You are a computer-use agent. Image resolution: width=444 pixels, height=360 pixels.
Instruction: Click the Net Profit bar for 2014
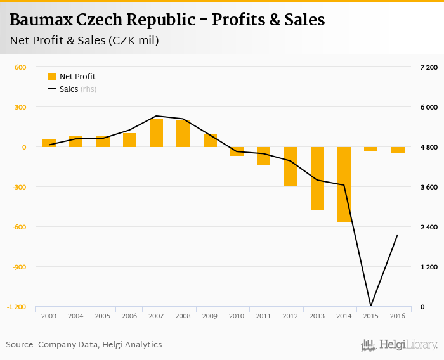(x=344, y=184)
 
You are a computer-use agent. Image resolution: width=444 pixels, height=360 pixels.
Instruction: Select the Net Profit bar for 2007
(x=156, y=133)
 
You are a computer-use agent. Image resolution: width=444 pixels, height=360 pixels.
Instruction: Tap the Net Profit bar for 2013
(x=317, y=178)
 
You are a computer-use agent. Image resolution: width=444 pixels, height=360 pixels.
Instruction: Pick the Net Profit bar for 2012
(x=291, y=167)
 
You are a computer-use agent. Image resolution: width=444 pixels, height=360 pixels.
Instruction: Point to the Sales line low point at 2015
(x=370, y=306)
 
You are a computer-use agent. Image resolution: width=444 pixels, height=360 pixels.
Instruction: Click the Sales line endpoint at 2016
(x=397, y=235)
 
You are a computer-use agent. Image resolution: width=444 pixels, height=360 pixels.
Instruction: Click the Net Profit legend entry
(x=72, y=77)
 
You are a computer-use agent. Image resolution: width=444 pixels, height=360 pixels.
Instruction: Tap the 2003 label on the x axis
(x=49, y=316)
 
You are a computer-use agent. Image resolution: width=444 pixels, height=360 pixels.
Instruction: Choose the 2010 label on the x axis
(x=237, y=316)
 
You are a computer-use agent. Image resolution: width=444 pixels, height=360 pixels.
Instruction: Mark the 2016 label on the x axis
(x=397, y=316)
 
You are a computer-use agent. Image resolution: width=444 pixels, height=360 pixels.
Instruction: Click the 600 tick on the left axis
(x=20, y=67)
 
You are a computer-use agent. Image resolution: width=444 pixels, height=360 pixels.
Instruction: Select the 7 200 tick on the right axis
(x=429, y=67)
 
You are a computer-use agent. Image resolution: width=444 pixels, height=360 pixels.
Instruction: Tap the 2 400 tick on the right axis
(x=429, y=228)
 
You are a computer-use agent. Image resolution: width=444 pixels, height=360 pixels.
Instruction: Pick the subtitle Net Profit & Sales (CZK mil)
(x=84, y=41)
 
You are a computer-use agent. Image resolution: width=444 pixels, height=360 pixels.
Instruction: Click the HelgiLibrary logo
(x=399, y=345)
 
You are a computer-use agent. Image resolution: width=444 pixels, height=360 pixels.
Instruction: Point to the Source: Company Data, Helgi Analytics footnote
(x=84, y=345)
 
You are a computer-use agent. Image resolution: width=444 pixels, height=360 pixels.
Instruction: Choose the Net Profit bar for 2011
(x=263, y=156)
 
